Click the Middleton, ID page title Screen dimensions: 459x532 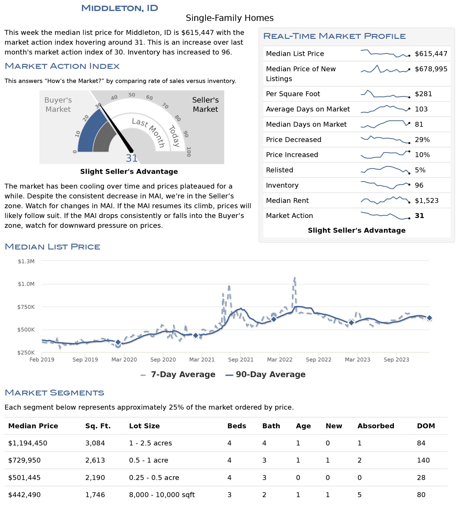(120, 8)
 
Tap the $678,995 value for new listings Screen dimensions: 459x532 (431, 69)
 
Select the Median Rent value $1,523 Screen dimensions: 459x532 (427, 201)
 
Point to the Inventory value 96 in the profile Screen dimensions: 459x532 (419, 185)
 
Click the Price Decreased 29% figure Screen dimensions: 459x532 (422, 140)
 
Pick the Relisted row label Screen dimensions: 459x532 (279, 170)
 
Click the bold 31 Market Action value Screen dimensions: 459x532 (420, 216)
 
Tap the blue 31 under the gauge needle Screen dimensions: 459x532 (132, 158)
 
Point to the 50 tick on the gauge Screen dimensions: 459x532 (132, 95)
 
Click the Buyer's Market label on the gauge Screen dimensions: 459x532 (58, 105)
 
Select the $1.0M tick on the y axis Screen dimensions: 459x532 (26, 284)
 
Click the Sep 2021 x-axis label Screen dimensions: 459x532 (241, 360)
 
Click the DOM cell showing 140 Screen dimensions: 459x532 (423, 460)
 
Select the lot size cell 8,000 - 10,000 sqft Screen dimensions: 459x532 (162, 495)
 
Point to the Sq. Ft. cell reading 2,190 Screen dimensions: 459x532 (95, 478)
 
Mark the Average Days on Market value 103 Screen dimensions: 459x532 (421, 109)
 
